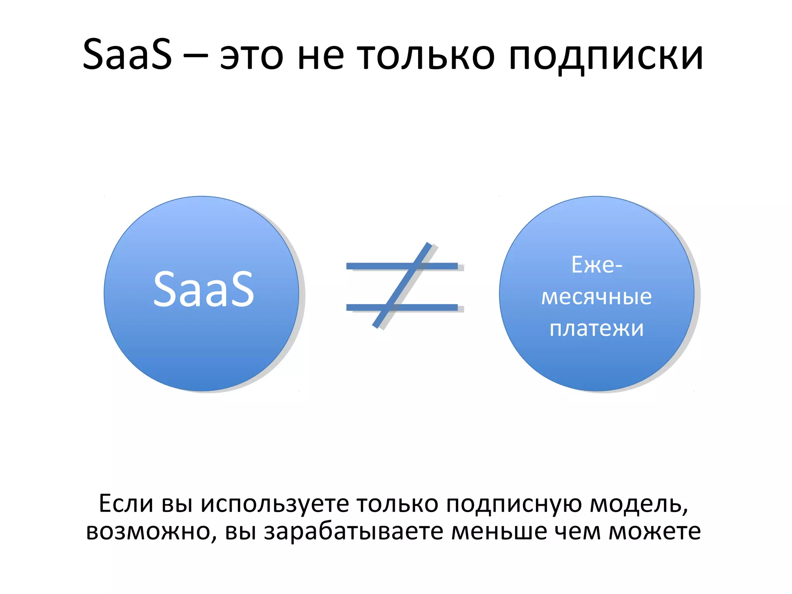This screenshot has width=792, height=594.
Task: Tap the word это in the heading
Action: point(252,57)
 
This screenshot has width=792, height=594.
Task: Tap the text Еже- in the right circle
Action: point(596,265)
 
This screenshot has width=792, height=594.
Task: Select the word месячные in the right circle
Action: point(596,297)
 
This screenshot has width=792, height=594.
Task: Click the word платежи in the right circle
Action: point(596,329)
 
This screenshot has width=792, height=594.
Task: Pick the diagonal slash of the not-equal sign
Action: point(402,285)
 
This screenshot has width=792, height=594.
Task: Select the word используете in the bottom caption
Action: point(275,504)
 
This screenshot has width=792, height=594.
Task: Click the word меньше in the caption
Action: point(499,531)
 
